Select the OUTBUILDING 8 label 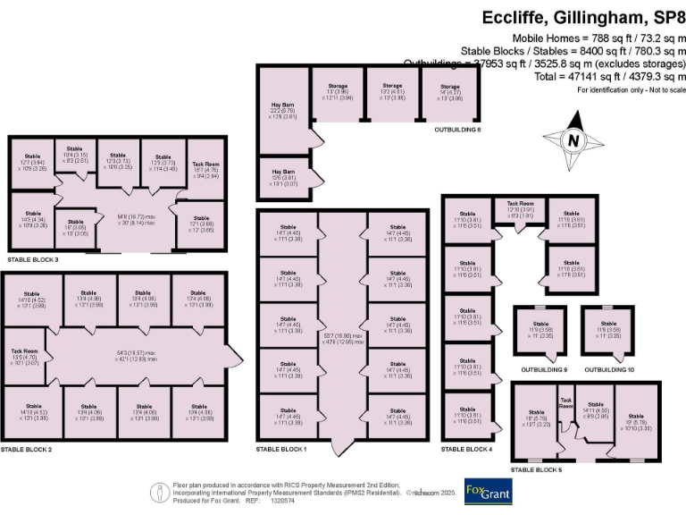coord(457,131)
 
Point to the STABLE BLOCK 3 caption coord(33,259)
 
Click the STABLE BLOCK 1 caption coord(280,448)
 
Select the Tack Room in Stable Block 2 coord(24,356)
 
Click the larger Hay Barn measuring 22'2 coord(282,111)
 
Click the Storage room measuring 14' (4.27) coord(449,92)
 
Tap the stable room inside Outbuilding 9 coord(540,330)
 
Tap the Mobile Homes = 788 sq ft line coord(598,38)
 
